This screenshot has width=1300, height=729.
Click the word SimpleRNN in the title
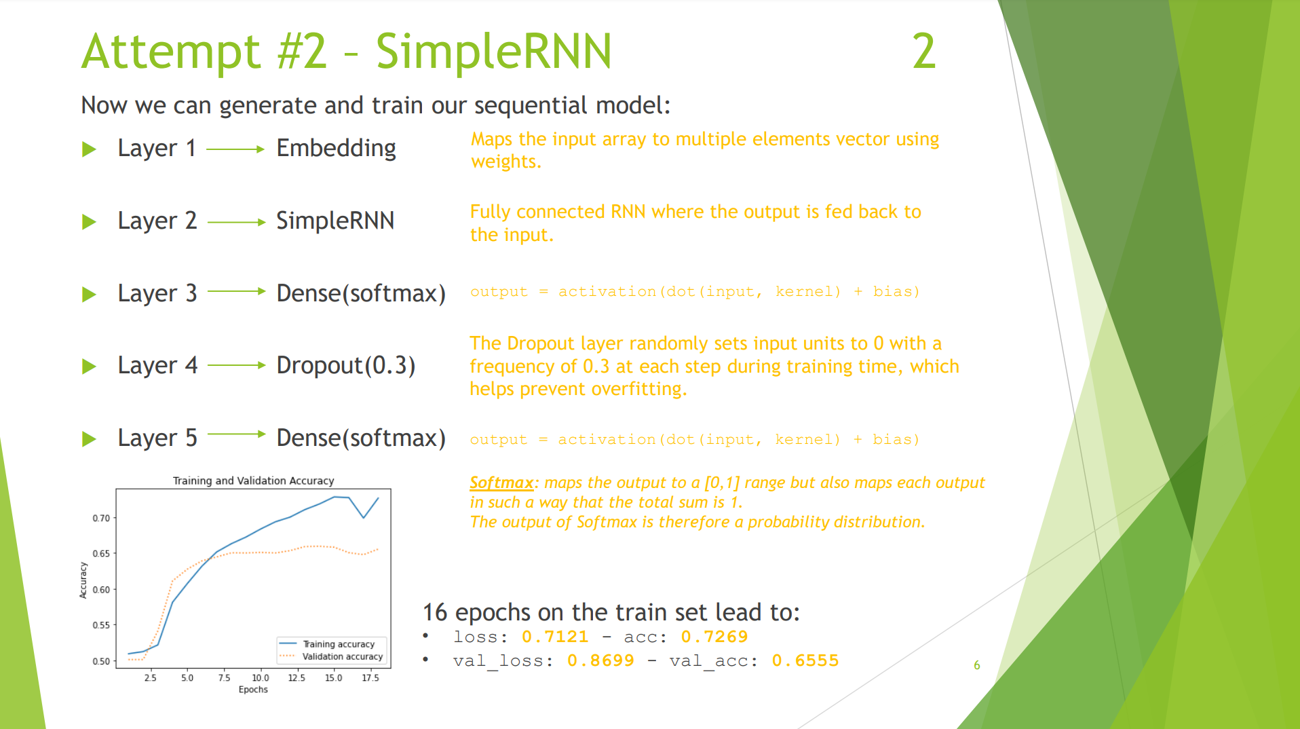pos(493,52)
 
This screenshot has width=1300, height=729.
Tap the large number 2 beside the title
pos(923,52)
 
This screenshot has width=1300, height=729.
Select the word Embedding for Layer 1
pos(336,148)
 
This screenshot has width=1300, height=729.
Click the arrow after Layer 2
pos(235,222)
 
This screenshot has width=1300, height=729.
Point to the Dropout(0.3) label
pos(345,365)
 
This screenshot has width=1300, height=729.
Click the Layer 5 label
pos(157,438)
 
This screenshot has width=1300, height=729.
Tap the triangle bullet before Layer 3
pos(89,294)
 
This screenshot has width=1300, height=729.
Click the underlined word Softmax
pos(501,483)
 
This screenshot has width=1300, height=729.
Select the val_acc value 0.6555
pos(805,660)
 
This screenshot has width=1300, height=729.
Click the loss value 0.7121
pos(554,637)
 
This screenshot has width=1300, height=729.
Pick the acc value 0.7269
pos(714,637)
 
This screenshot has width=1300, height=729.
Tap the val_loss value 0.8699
pos(600,660)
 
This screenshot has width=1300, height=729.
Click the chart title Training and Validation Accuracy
pos(253,481)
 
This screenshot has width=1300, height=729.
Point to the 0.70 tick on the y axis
pos(101,518)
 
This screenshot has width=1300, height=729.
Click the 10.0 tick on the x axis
pos(261,677)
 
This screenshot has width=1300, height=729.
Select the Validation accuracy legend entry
pos(342,656)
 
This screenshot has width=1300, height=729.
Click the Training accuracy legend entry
pos(338,644)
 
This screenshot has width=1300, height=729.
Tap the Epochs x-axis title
pos(253,690)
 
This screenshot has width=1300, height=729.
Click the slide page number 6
pos(976,665)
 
